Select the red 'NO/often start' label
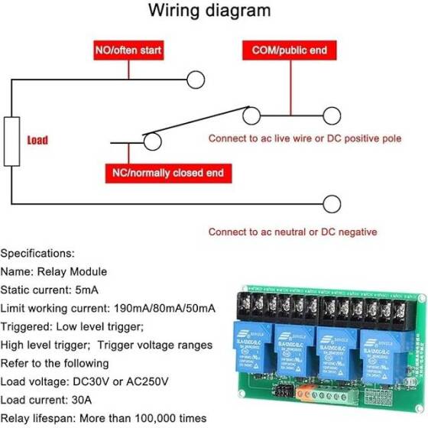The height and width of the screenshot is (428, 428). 128,51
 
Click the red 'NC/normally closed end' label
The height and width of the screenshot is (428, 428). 167,173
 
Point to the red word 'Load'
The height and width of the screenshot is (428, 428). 37,141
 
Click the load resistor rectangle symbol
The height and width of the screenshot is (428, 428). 11,141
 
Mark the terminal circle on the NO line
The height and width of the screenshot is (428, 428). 196,79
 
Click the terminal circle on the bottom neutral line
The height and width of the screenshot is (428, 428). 332,204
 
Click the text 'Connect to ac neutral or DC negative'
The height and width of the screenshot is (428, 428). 293,232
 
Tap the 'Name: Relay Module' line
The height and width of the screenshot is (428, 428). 53,271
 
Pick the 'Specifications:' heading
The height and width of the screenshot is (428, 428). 38,252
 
